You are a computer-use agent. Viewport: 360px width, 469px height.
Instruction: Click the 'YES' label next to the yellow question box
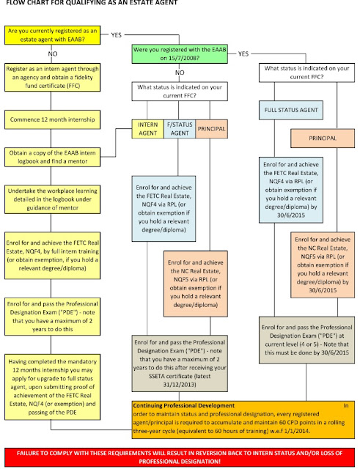[116, 34]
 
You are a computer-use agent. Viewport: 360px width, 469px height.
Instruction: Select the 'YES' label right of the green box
[243, 53]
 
